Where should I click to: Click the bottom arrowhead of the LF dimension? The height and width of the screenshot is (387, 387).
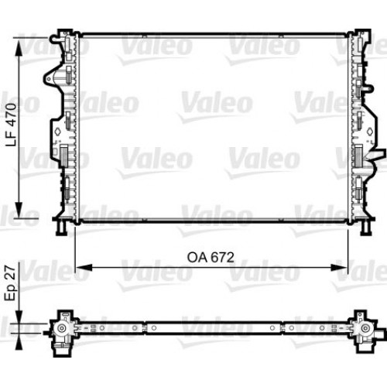[19, 216]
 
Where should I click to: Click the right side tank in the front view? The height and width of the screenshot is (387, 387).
[358, 128]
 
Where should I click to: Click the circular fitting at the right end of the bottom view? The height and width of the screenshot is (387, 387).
[361, 328]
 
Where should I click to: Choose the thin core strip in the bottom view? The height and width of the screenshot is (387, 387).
[209, 328]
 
